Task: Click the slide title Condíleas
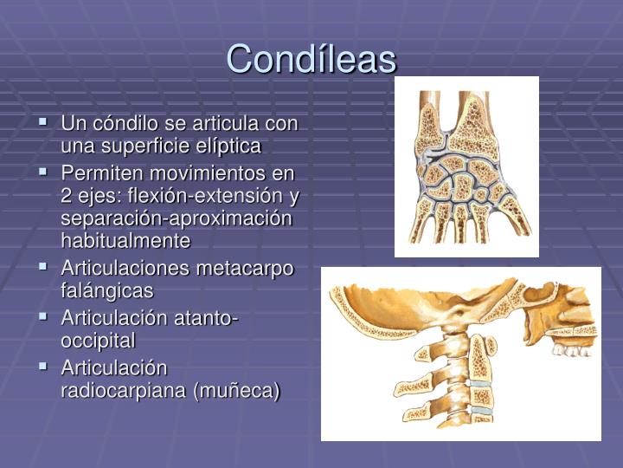pyautogui.click(x=311, y=59)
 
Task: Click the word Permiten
pyautogui.click(x=95, y=173)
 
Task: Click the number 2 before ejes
pyautogui.click(x=67, y=195)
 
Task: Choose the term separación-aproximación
pyautogui.click(x=177, y=218)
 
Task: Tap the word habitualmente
pyautogui.click(x=125, y=239)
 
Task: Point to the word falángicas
pyautogui.click(x=106, y=289)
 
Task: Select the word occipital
pyautogui.click(x=98, y=341)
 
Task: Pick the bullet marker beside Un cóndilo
pyautogui.click(x=43, y=123)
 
